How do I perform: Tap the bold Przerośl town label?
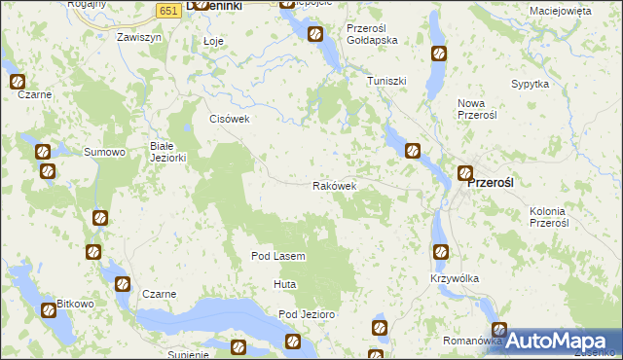pyautogui.click(x=496, y=182)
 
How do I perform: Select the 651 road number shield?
pyautogui.click(x=168, y=10)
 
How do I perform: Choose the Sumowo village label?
pyautogui.click(x=105, y=152)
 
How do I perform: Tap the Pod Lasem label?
pyautogui.click(x=278, y=256)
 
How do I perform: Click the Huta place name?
pyautogui.click(x=284, y=284)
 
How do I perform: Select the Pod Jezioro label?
pyautogui.click(x=307, y=314)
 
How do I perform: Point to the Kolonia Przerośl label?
pyautogui.click(x=549, y=216)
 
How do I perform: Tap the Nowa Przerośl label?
pyautogui.click(x=477, y=108)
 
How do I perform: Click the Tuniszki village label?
pyautogui.click(x=386, y=81)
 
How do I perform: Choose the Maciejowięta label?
pyautogui.click(x=561, y=11)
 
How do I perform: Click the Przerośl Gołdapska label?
pyautogui.click(x=373, y=34)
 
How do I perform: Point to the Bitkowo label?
pyautogui.click(x=75, y=304)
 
